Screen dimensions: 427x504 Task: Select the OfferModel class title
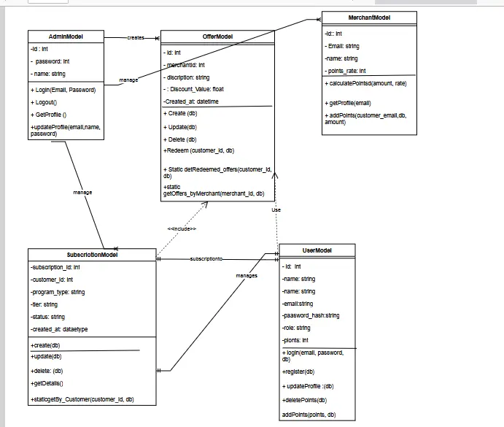click(x=217, y=36)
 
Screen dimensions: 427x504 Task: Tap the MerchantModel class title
click(x=369, y=18)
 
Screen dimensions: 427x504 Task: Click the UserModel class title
click(x=317, y=250)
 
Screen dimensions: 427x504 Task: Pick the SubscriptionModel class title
click(x=92, y=255)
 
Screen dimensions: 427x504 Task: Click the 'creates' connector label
click(x=136, y=37)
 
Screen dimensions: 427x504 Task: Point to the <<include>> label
click(x=182, y=228)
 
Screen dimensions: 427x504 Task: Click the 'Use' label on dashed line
click(x=276, y=209)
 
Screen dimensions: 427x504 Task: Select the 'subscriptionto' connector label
click(x=206, y=259)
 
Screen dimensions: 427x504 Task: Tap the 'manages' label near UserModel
click(x=247, y=276)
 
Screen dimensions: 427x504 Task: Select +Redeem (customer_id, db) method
click(x=199, y=150)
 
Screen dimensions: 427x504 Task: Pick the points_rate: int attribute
click(x=346, y=71)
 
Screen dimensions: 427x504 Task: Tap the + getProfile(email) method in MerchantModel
click(x=349, y=103)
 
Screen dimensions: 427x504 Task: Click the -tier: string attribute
click(x=44, y=304)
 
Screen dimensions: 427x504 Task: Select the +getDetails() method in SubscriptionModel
click(x=47, y=382)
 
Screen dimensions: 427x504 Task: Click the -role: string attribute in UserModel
click(x=296, y=328)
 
